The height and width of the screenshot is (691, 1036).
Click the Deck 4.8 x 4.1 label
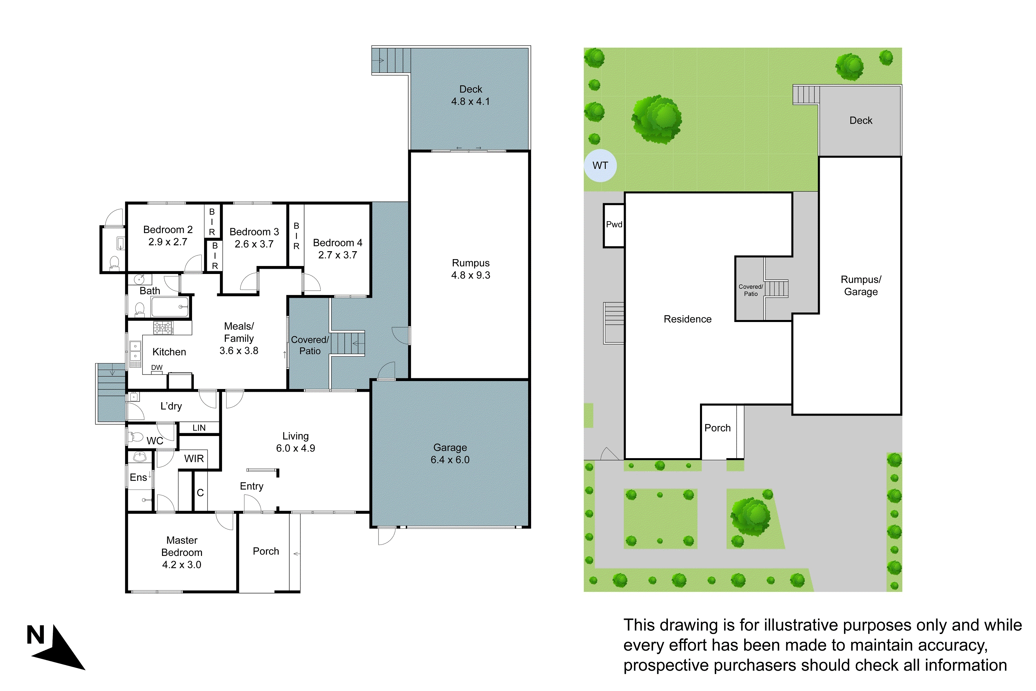point(470,95)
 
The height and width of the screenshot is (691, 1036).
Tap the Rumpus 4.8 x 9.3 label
point(470,269)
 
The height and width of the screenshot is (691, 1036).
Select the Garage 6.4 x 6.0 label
point(450,453)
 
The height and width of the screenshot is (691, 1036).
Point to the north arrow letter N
point(36,635)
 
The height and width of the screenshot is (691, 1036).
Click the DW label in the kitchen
point(157,368)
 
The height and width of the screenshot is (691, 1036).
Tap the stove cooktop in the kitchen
point(163,328)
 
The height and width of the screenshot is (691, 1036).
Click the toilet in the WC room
point(136,437)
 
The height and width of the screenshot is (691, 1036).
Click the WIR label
point(194,459)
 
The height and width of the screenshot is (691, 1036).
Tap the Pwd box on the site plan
point(614,225)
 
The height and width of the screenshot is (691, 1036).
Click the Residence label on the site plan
point(687,319)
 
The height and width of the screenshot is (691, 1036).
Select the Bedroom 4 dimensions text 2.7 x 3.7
point(337,255)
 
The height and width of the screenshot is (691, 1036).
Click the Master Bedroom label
point(182,552)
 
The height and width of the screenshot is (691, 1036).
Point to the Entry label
point(251,486)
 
